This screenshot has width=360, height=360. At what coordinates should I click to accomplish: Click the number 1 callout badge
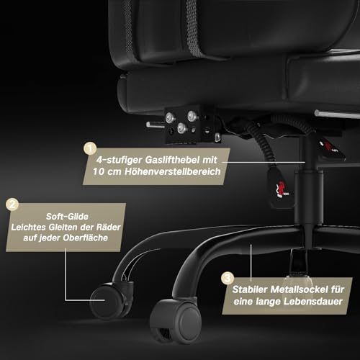click(x=90, y=148)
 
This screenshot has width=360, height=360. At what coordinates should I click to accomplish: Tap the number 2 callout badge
click(x=12, y=204)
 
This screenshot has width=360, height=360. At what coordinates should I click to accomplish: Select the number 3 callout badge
click(x=228, y=279)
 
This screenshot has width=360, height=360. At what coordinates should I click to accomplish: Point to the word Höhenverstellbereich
click(x=173, y=171)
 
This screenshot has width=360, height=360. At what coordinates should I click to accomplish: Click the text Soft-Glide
click(x=67, y=217)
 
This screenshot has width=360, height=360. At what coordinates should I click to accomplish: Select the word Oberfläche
click(x=86, y=238)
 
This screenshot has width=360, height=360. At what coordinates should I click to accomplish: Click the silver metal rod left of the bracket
click(x=156, y=125)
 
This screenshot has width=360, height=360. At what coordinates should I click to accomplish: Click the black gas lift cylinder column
click(x=309, y=192)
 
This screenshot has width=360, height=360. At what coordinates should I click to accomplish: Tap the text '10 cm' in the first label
click(x=107, y=172)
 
